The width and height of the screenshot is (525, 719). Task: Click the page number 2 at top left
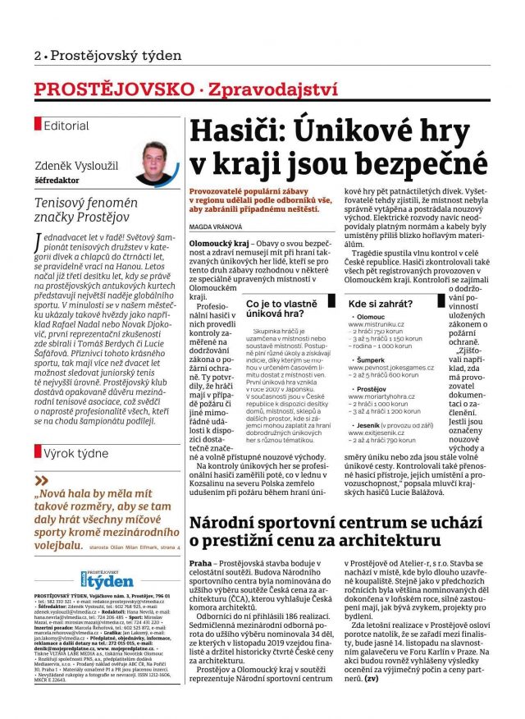[x=38, y=56]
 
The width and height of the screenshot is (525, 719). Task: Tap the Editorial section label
[x=66, y=126]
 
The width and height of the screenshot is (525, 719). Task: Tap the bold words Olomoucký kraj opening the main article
[x=217, y=244]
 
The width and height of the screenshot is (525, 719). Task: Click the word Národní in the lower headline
[x=226, y=522]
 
